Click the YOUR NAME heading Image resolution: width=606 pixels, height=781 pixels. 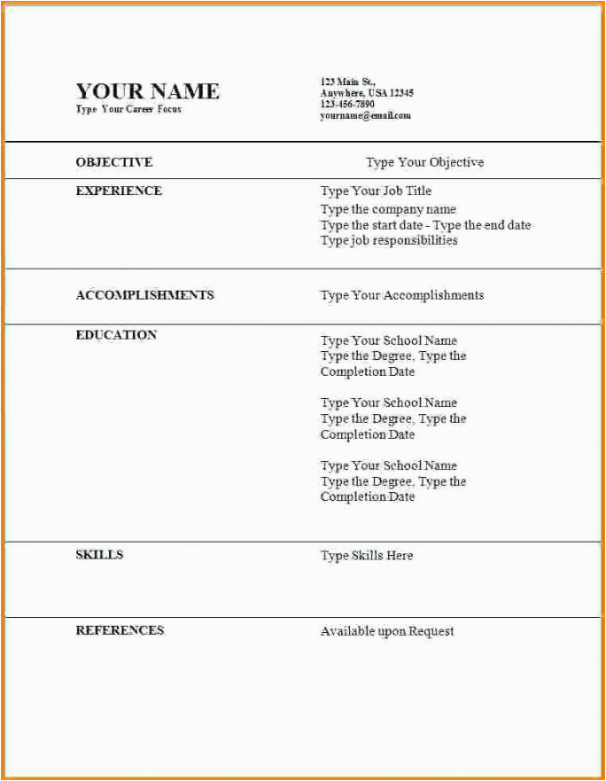tap(147, 91)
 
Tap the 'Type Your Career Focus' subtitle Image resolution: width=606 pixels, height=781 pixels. tap(128, 109)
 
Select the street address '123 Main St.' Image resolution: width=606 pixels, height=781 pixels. tap(347, 82)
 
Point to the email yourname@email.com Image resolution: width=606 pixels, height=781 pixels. tap(365, 116)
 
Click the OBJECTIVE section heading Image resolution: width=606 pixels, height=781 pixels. tap(114, 162)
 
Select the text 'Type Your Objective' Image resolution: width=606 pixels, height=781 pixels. tap(424, 162)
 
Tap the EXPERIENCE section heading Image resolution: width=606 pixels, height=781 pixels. tap(119, 191)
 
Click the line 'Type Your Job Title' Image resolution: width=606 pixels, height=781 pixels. tap(376, 191)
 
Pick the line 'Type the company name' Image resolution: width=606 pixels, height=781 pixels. tap(388, 210)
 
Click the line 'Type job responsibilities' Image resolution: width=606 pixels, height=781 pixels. tap(389, 240)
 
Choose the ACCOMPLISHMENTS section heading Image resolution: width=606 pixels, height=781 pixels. tap(144, 295)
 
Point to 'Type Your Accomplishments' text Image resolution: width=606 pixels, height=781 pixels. tap(402, 295)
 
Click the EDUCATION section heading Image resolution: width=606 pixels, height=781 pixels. tap(116, 335)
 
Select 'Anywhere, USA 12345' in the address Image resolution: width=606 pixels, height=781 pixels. tap(367, 93)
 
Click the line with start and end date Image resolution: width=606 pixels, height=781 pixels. tap(425, 225)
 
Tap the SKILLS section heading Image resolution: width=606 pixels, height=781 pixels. tap(99, 555)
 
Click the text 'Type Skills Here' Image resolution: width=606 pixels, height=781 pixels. tap(367, 556)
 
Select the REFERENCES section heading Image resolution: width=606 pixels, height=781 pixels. tap(120, 630)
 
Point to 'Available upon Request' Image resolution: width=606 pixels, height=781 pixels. tap(387, 631)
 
